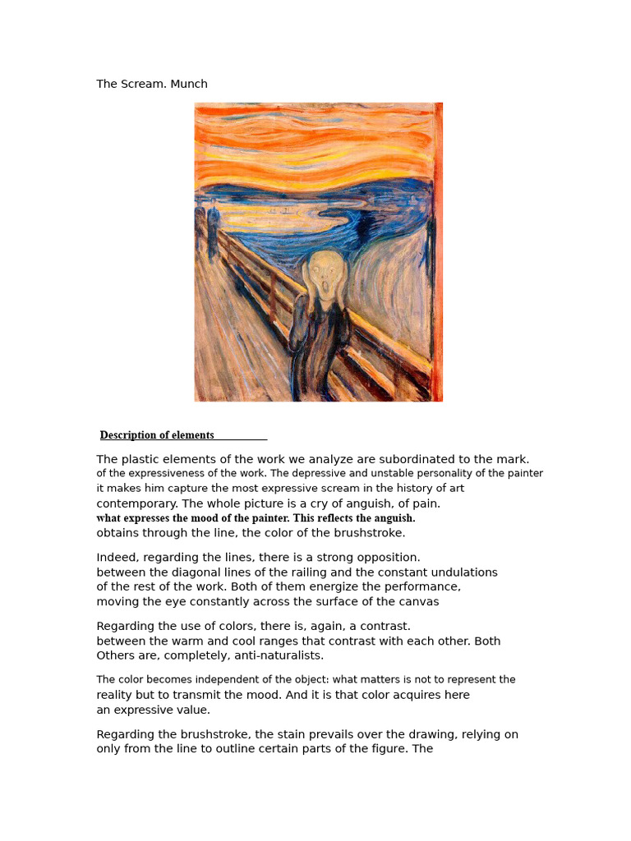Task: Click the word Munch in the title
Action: click(189, 84)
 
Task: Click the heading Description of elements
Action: click(157, 435)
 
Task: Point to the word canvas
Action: click(418, 602)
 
